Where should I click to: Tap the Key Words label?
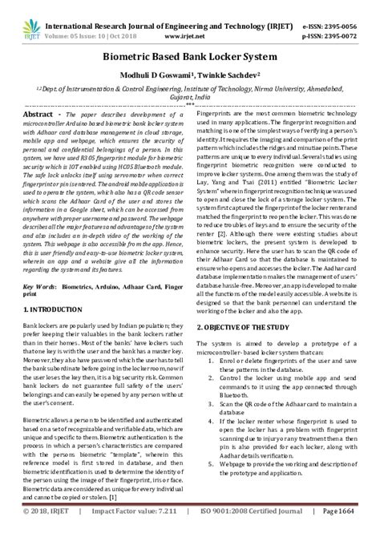[41, 285]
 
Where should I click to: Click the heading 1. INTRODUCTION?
[55, 308]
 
